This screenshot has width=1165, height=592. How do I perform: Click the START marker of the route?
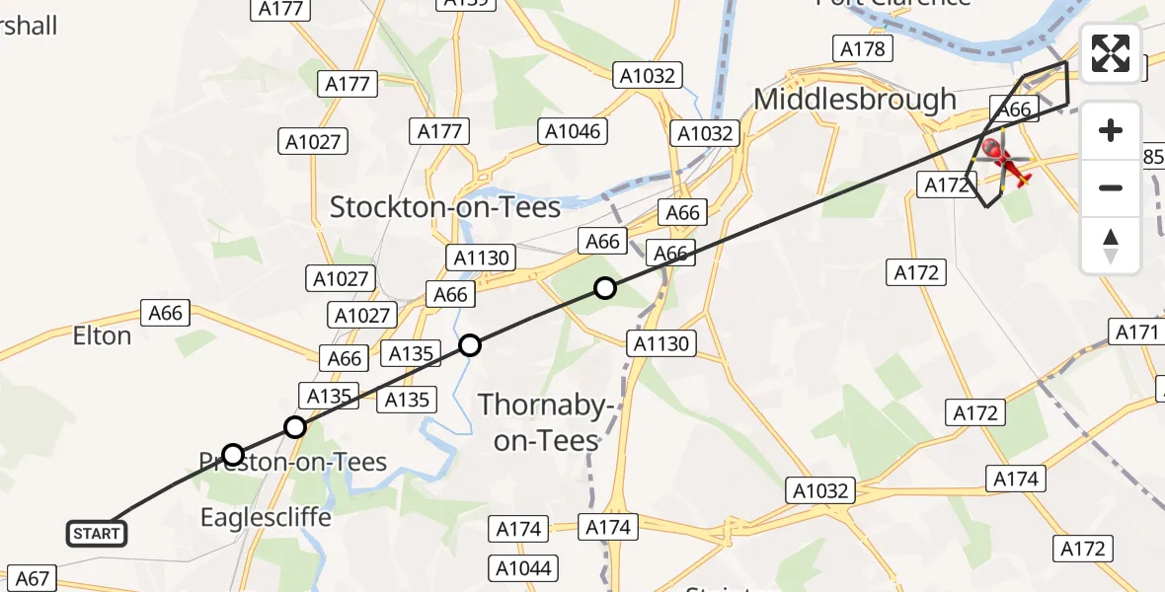click(97, 534)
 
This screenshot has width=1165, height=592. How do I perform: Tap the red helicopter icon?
click(1005, 163)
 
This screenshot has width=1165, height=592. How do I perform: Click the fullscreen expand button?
click(1111, 54)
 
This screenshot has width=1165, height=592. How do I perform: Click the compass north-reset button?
click(1111, 246)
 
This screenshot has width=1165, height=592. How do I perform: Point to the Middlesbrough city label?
click(855, 100)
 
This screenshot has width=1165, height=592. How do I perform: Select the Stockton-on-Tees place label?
click(445, 207)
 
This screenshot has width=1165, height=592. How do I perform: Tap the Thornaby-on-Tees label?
click(546, 422)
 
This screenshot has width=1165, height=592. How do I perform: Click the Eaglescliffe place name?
click(266, 517)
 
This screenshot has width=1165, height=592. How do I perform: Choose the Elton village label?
click(102, 336)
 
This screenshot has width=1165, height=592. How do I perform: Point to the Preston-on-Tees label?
click(293, 462)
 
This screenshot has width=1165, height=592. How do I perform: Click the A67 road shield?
click(32, 578)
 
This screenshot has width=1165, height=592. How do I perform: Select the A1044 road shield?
click(524, 568)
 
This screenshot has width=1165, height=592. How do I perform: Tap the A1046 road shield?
click(573, 130)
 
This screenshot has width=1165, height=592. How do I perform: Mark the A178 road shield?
click(863, 48)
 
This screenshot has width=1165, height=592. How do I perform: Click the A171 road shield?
click(1136, 333)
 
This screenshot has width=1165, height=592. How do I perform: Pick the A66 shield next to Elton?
click(166, 313)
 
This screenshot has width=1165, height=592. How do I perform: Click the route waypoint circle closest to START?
click(233, 455)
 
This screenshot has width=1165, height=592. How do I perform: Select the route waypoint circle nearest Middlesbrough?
click(604, 288)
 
